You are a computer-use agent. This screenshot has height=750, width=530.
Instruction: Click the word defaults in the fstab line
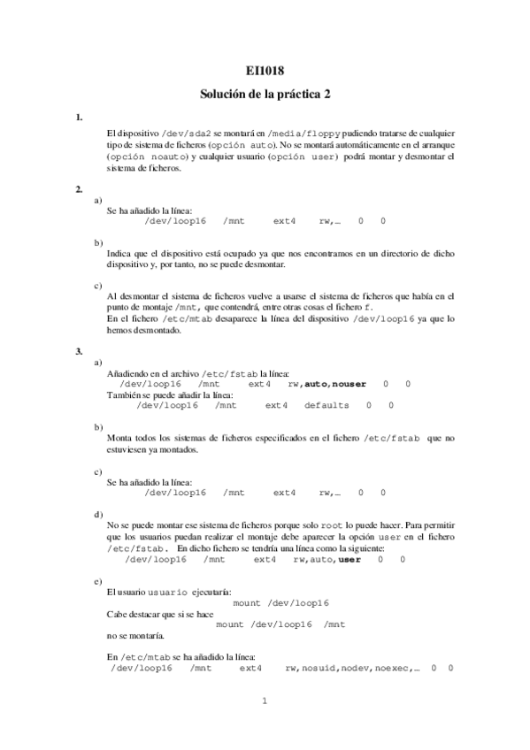click(326, 406)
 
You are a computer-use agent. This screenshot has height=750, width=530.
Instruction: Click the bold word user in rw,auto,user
click(349, 559)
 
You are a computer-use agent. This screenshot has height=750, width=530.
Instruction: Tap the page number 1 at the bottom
click(264, 702)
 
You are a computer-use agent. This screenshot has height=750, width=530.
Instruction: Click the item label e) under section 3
click(97, 580)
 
